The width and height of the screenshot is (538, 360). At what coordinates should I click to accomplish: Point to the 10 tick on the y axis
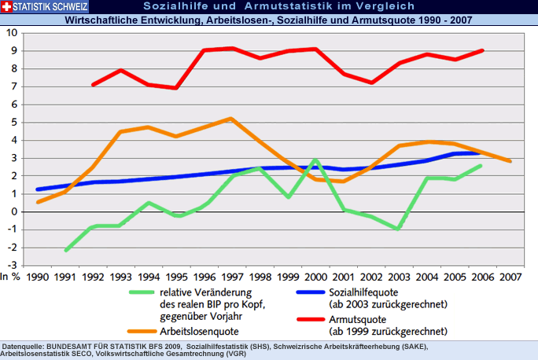click(13, 33)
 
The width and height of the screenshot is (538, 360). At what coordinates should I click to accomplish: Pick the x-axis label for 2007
click(510, 277)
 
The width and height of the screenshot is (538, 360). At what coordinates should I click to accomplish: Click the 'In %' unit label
click(10, 277)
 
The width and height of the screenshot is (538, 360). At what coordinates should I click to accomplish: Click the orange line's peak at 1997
click(231, 119)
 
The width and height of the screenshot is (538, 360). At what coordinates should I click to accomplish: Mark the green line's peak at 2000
click(315, 160)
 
